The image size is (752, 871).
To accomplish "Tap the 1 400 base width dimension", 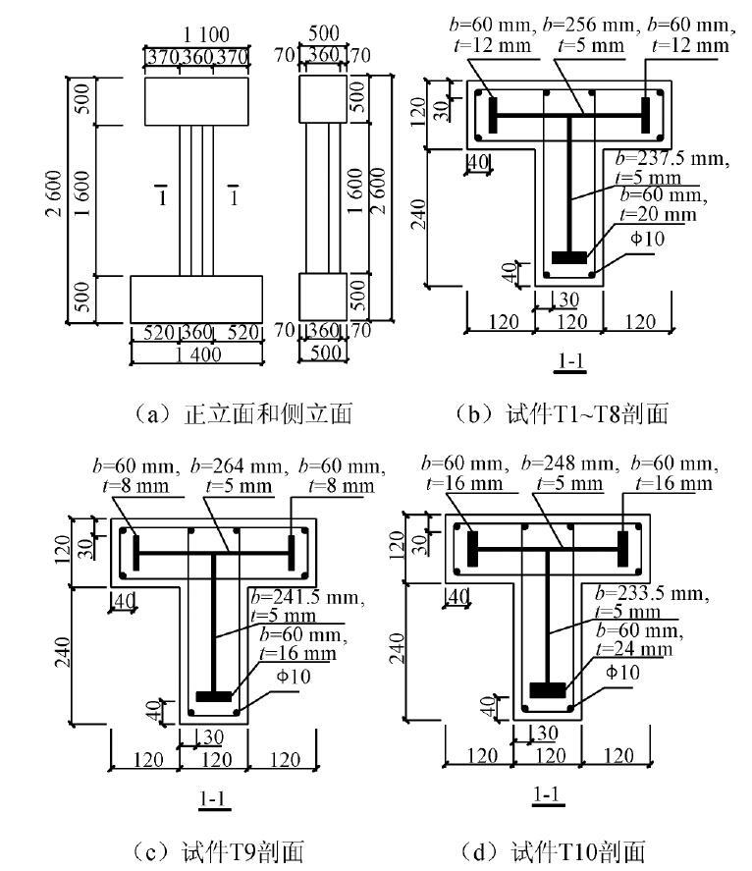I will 196,355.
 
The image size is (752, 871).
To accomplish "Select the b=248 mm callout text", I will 567,463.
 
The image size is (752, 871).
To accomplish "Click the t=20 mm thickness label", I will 656,214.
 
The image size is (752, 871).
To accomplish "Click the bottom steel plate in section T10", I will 549,690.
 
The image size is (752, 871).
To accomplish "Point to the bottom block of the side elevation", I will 322,298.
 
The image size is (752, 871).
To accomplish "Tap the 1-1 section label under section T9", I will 214,799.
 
